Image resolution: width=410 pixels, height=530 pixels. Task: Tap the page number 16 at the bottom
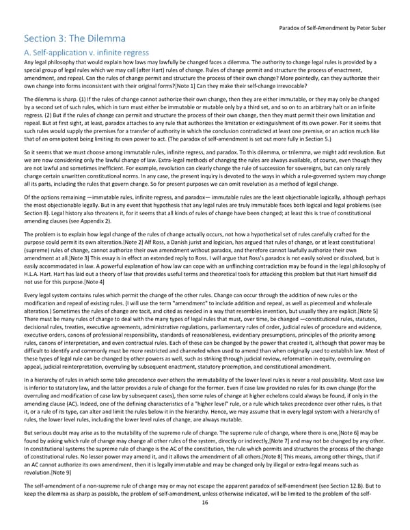pyautogui.click(x=204, y=520)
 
